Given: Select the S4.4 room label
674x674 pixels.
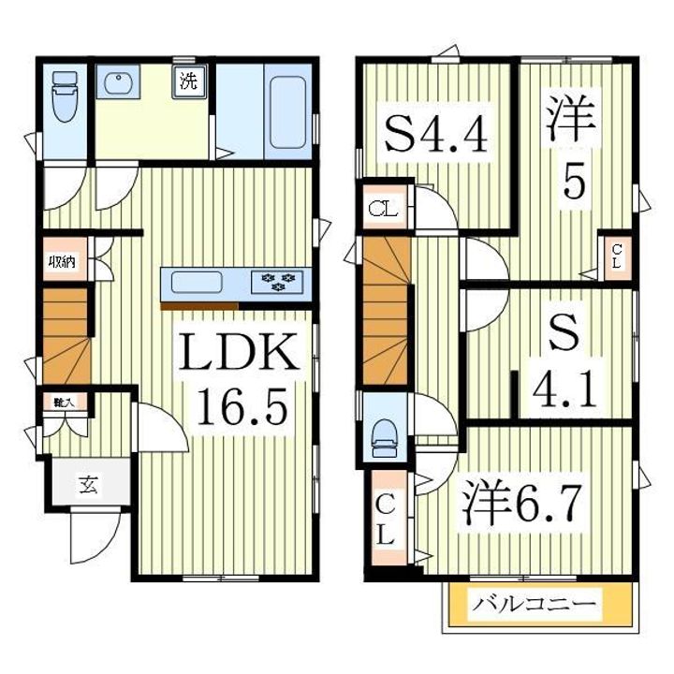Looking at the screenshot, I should coord(435,138).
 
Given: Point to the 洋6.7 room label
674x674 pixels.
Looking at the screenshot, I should coord(524,506).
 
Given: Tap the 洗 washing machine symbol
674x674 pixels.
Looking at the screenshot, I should coord(188,81).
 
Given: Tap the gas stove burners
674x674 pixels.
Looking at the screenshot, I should coord(278,281).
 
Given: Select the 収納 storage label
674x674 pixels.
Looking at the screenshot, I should coord(63,263).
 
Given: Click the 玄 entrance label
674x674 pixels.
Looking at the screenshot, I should coord(87,485).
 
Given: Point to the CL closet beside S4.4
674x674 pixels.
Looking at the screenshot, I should coord(382,210).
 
